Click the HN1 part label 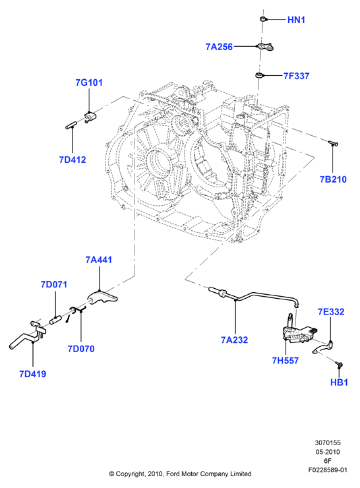(296, 20)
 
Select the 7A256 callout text (219, 47)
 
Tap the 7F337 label (296, 76)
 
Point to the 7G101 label (89, 83)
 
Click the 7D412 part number (73, 160)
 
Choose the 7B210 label (333, 179)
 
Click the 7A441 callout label (99, 260)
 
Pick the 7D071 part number (54, 284)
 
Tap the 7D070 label (81, 349)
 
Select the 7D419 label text (33, 374)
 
